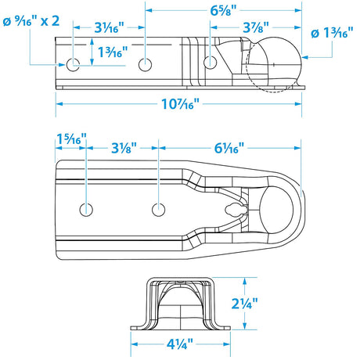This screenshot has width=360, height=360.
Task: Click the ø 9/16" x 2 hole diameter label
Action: [x=31, y=20]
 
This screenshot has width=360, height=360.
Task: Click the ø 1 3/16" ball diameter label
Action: [x=333, y=34]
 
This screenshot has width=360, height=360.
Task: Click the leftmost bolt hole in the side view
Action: [x=74, y=63]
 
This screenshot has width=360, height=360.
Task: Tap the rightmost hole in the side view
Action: [x=209, y=61]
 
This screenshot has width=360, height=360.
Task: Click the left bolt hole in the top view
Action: [x=85, y=208]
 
